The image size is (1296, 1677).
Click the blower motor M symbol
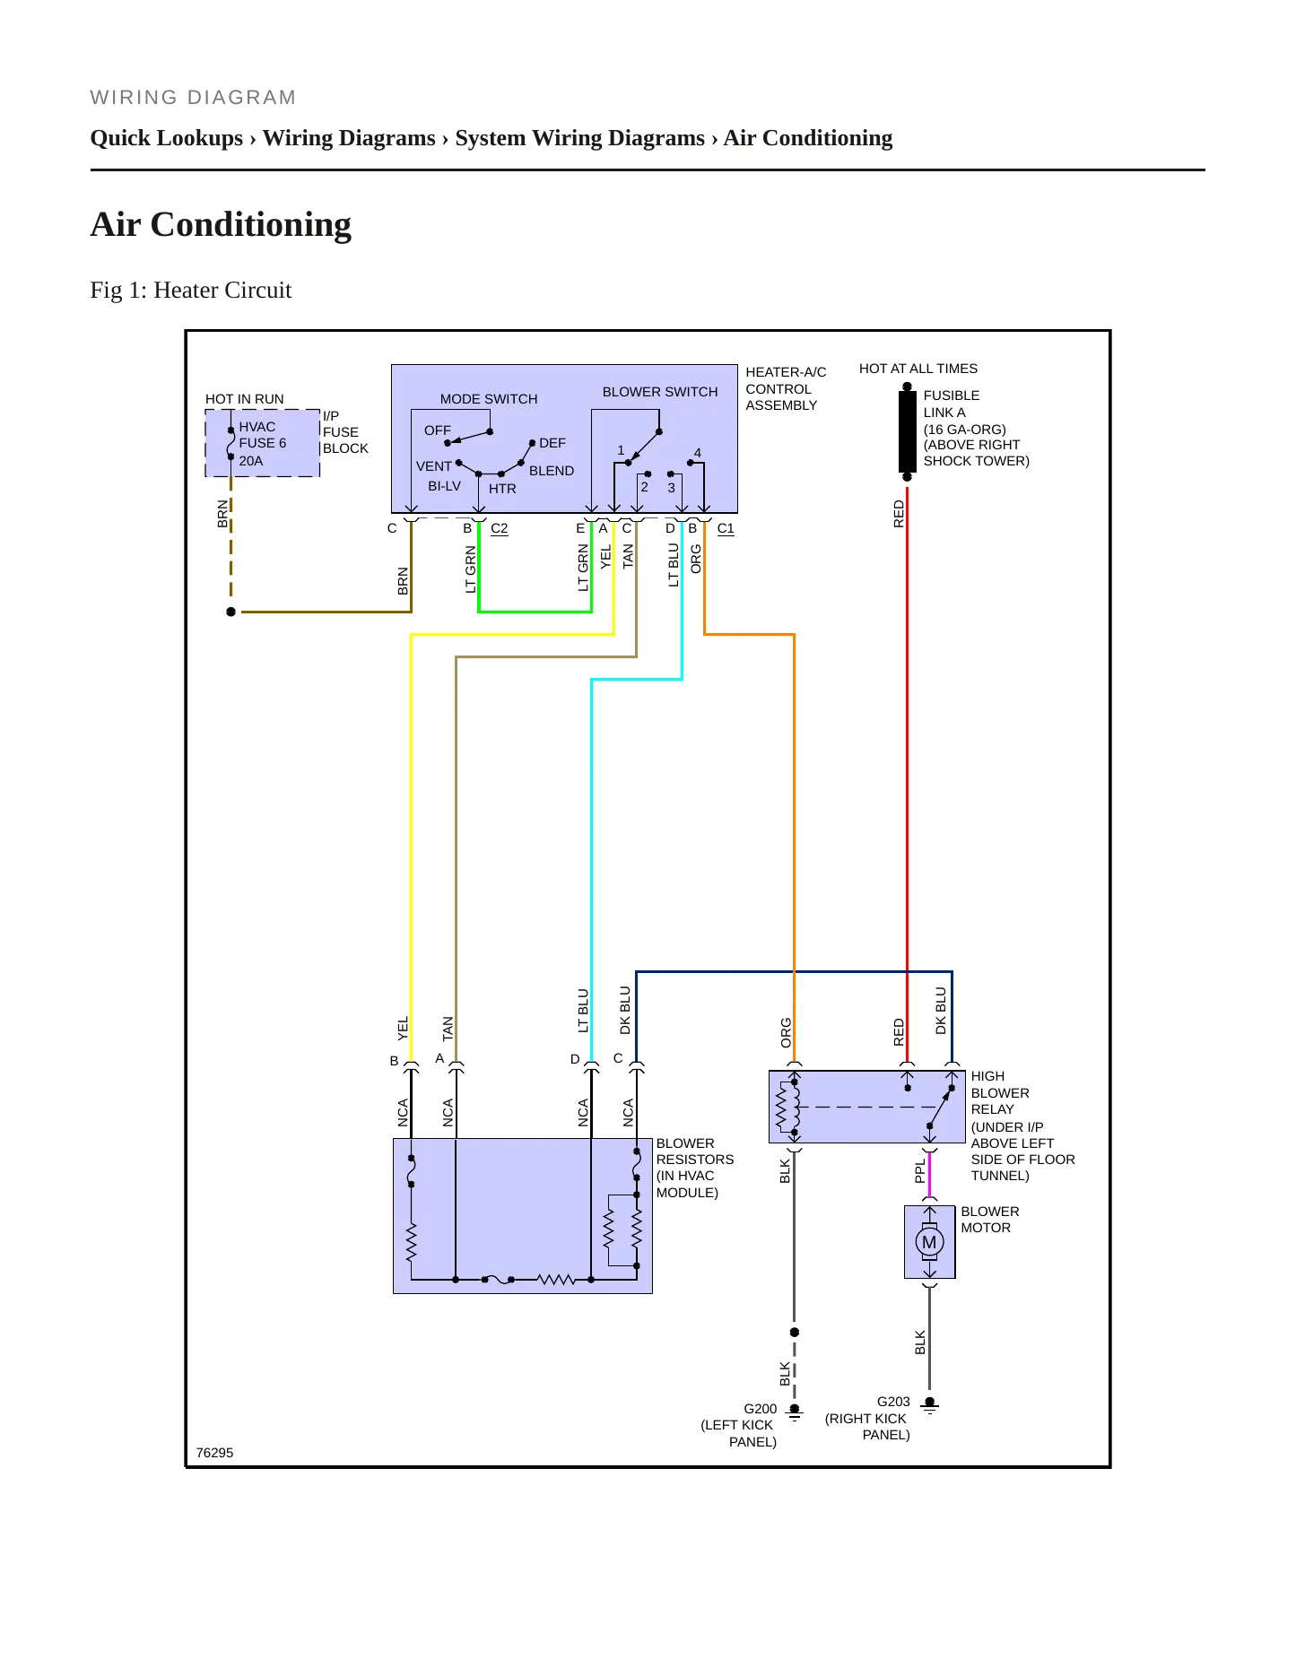tap(929, 1242)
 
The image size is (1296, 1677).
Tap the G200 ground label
tap(760, 1409)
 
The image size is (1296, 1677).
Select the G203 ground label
tap(893, 1402)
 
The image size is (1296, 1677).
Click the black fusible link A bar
tap(907, 431)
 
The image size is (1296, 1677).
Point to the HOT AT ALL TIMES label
tap(918, 369)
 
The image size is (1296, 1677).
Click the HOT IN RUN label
tap(244, 399)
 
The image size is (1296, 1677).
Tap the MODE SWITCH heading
tap(489, 399)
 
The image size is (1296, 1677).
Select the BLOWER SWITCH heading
tap(660, 392)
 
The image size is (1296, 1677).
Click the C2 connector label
tap(500, 528)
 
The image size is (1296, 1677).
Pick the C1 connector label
tap(726, 528)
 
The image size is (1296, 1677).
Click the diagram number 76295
tap(214, 1453)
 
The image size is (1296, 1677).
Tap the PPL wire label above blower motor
tap(919, 1171)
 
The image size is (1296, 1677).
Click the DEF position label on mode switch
tap(552, 443)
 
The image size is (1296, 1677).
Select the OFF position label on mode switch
tap(438, 430)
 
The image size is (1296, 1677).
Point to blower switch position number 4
tap(698, 453)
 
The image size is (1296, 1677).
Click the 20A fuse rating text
tap(251, 461)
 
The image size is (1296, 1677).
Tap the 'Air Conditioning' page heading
tap(221, 224)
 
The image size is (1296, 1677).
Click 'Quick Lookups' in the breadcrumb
tap(167, 138)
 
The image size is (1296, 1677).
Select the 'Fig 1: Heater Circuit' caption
tap(191, 290)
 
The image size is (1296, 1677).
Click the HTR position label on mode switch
tap(502, 489)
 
